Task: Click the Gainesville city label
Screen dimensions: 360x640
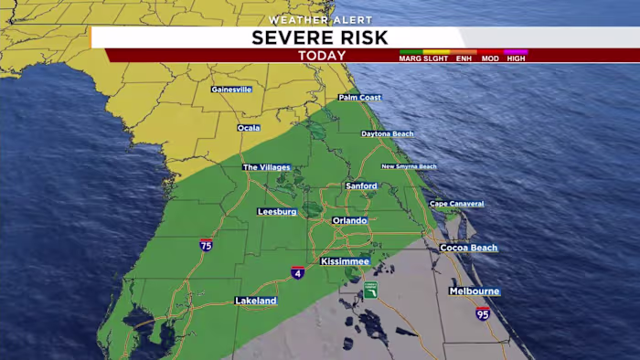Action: (231, 90)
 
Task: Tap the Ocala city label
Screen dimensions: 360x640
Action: (249, 128)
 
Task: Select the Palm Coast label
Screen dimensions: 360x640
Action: (359, 97)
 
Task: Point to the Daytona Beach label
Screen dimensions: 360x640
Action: (387, 133)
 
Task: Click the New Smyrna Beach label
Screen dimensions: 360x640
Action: (409, 166)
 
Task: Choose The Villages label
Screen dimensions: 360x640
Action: (266, 167)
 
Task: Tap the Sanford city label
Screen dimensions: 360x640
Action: (361, 185)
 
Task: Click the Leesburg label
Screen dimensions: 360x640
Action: (277, 212)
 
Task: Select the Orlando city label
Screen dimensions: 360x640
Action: (349, 220)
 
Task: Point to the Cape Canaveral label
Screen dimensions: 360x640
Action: (456, 204)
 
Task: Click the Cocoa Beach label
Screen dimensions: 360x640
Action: (468, 248)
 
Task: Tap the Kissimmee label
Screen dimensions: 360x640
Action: (345, 261)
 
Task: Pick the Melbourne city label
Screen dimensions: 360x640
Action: (474, 291)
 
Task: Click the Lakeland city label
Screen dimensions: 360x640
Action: (255, 301)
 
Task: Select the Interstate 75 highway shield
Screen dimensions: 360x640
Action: (206, 245)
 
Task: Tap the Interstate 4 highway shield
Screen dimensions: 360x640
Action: (298, 272)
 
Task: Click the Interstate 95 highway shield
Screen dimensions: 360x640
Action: (483, 313)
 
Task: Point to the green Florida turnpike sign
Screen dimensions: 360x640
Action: (370, 291)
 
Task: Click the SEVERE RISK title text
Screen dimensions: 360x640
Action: (320, 37)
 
